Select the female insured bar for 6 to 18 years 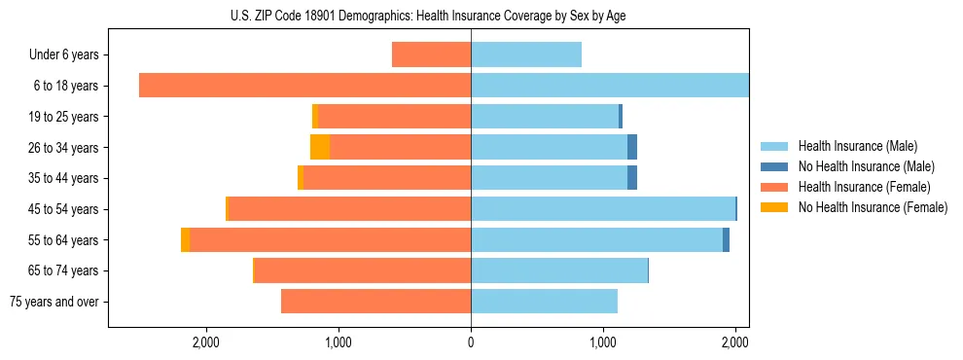(x=304, y=86)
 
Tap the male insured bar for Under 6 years (x=526, y=54)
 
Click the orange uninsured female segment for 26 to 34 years (x=320, y=147)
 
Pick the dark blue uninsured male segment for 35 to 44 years (x=632, y=178)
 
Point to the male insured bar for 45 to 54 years (x=603, y=209)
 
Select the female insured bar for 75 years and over (x=375, y=302)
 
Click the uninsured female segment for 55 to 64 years (x=185, y=240)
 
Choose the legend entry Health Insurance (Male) (x=857, y=146)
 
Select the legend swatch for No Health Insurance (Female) (x=774, y=207)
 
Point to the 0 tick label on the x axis (x=471, y=342)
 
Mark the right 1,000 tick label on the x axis (x=603, y=342)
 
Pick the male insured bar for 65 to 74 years (x=559, y=270)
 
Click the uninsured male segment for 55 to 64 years (x=726, y=240)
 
